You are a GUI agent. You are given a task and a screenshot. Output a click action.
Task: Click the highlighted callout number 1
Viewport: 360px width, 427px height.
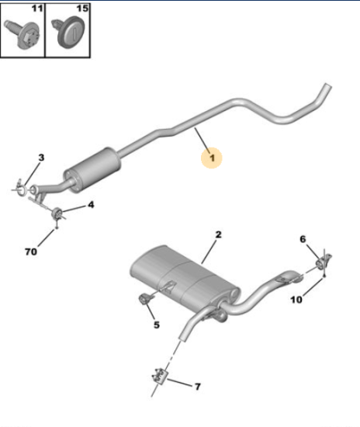click(x=212, y=158)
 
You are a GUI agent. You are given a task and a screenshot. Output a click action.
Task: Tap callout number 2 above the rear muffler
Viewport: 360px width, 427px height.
click(x=218, y=234)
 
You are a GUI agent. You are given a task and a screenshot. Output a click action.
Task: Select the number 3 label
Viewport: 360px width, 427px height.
click(x=41, y=158)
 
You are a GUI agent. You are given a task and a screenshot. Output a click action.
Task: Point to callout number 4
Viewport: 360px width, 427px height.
click(x=91, y=204)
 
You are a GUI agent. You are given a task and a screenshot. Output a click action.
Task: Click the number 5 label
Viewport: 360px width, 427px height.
click(x=157, y=325)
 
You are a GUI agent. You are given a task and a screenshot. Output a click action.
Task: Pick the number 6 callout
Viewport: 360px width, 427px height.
click(x=303, y=239)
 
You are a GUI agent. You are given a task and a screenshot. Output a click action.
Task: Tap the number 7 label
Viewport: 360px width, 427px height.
click(x=198, y=386)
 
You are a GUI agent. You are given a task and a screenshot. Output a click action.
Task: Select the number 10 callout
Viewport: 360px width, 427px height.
click(x=296, y=300)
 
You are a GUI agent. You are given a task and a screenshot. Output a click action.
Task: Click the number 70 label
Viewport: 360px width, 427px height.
click(x=31, y=252)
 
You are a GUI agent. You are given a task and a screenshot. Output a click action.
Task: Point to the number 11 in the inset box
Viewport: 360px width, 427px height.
click(x=37, y=9)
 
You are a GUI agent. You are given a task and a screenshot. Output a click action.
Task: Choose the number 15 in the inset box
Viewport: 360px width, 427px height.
click(x=82, y=9)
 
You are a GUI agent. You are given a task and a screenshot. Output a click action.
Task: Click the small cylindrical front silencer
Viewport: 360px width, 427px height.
click(x=92, y=170)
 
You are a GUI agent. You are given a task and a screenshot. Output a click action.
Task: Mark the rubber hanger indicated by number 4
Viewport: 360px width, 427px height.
click(x=57, y=213)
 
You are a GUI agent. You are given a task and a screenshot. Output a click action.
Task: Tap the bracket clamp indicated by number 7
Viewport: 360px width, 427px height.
click(x=160, y=376)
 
